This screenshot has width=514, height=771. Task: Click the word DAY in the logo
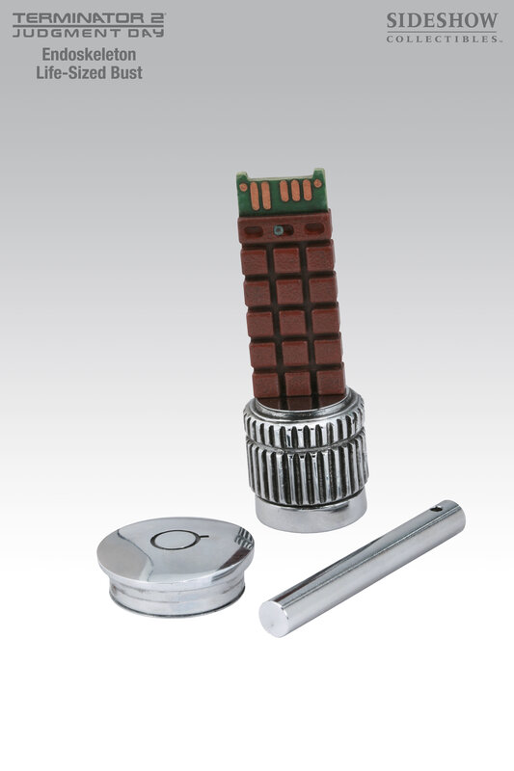[145, 33]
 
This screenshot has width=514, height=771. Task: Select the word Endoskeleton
[89, 54]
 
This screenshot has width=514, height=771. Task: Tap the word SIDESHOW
[443, 21]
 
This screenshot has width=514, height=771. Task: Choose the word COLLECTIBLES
[443, 39]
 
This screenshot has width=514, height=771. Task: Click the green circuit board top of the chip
[281, 194]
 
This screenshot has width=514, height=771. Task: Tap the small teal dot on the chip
[279, 229]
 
